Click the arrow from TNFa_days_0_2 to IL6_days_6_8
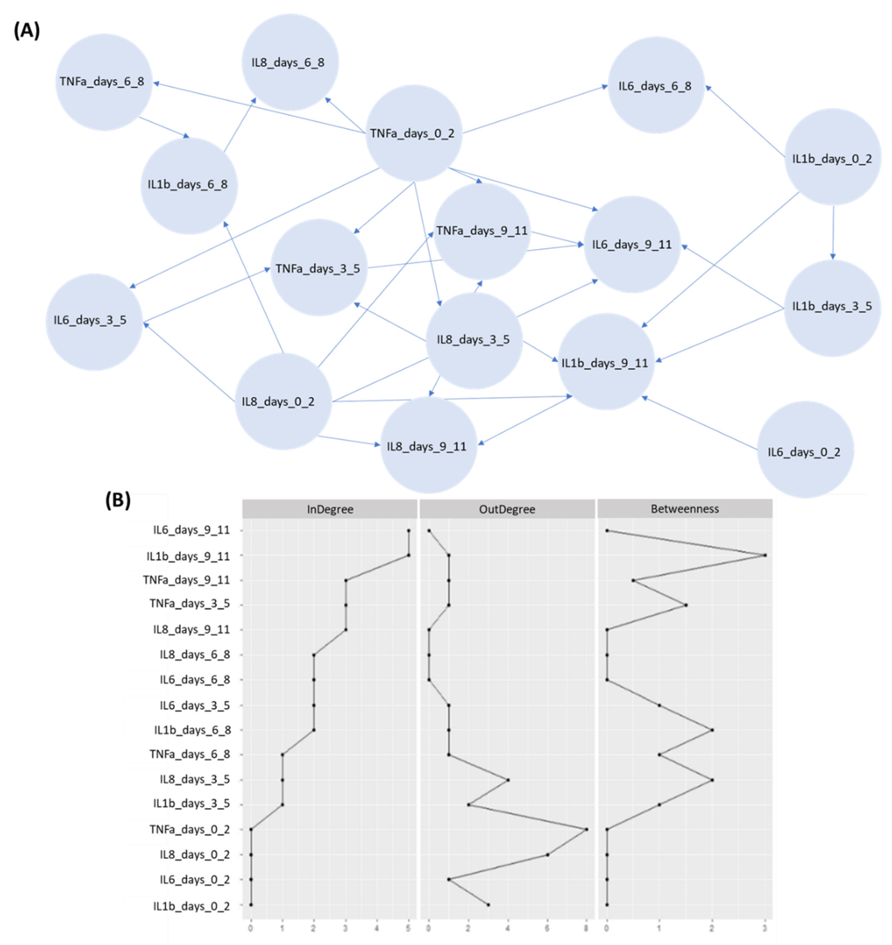535,110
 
